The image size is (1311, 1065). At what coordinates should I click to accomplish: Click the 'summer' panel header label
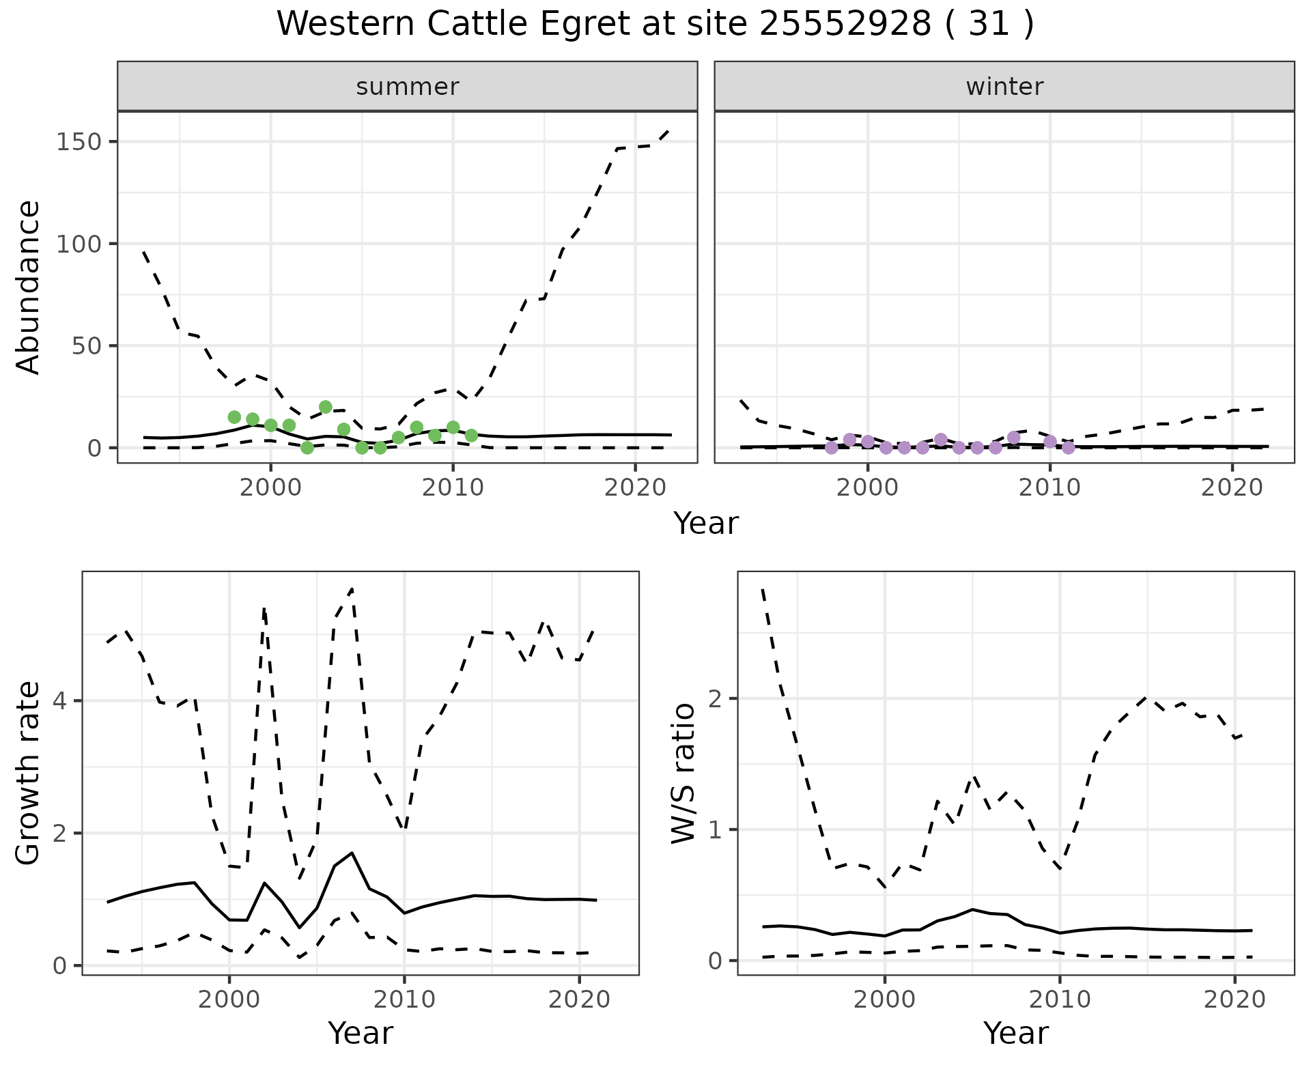coord(408,87)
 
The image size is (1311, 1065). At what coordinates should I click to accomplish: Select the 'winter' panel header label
coord(1004,87)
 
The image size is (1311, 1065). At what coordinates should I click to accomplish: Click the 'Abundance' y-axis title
coord(29,287)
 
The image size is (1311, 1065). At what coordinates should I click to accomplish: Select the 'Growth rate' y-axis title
coord(29,773)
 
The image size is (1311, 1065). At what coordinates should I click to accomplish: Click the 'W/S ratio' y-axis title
coord(683,773)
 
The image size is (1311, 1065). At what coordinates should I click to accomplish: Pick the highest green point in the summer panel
coord(326,407)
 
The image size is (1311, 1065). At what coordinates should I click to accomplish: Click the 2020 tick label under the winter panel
coord(1232,488)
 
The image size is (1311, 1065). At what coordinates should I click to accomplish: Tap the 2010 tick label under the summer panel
coord(453,488)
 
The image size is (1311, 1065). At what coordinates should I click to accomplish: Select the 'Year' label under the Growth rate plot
coord(361,1034)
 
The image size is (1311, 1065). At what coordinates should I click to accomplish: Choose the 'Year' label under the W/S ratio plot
coord(1016,1034)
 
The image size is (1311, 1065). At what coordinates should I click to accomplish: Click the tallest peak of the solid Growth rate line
coord(352,853)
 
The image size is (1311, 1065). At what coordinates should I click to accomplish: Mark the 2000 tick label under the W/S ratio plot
coord(885,1000)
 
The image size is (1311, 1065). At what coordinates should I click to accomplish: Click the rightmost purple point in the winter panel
coord(1069,448)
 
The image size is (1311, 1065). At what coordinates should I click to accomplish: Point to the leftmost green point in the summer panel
coord(234,417)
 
